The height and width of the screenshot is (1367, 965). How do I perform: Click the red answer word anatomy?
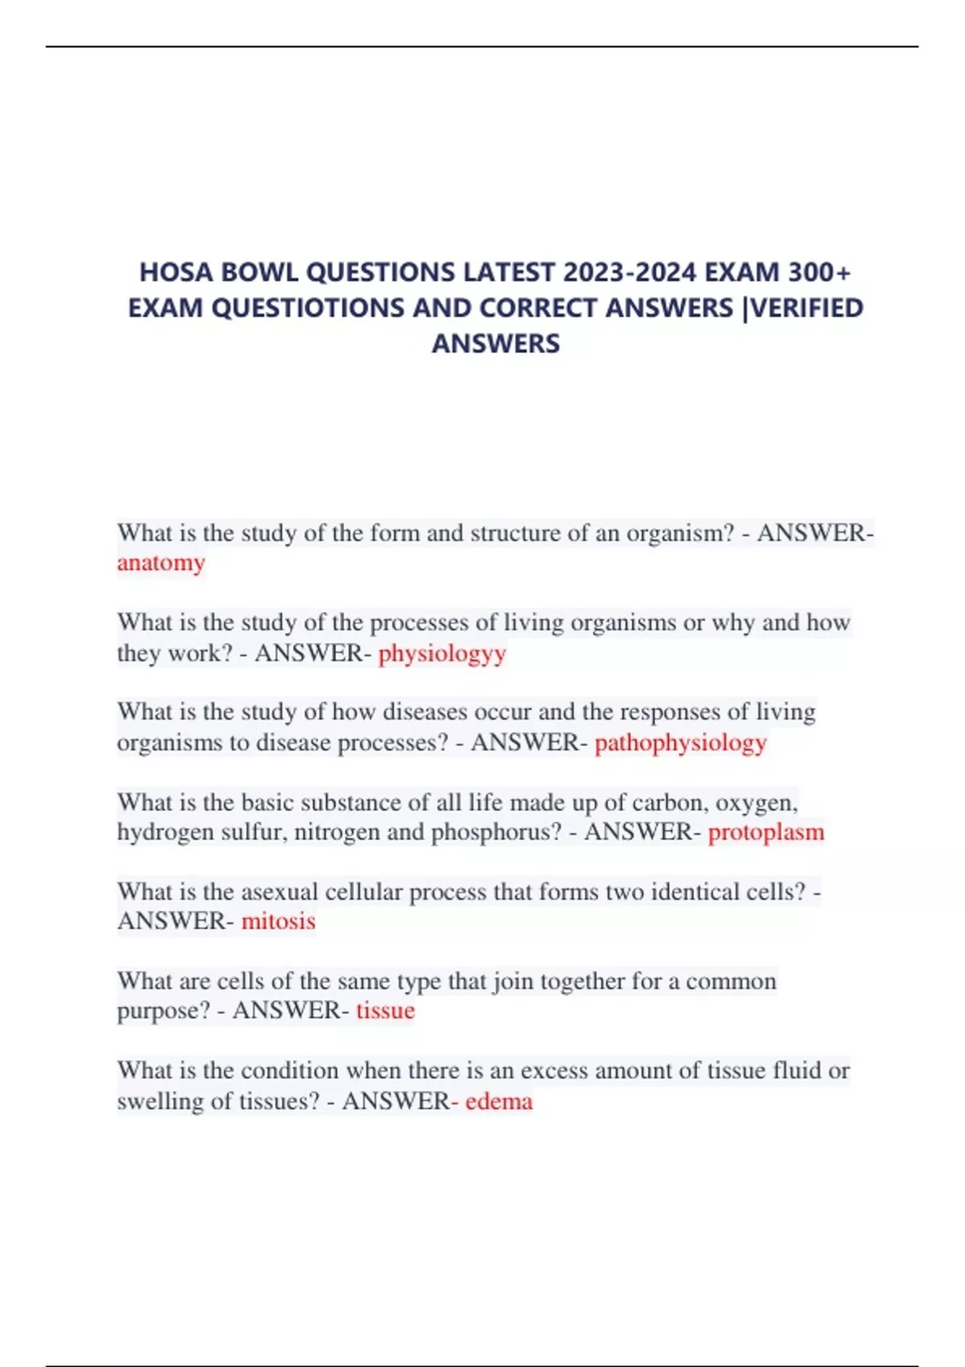point(161,563)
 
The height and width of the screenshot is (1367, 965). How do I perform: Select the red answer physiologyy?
point(442,653)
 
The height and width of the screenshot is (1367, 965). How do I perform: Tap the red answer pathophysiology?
point(680,742)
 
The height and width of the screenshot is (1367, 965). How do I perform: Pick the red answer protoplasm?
point(766,831)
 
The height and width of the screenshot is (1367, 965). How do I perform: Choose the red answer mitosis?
point(278,921)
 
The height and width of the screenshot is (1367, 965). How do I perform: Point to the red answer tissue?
point(385,1010)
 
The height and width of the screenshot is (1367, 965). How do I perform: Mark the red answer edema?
point(499,1100)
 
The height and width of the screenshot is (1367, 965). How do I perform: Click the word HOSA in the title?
point(176,273)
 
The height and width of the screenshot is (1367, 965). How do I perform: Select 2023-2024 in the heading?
point(630,273)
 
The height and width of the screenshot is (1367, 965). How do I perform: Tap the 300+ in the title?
point(819,273)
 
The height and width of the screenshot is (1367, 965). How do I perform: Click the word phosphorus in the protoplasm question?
point(496,831)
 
